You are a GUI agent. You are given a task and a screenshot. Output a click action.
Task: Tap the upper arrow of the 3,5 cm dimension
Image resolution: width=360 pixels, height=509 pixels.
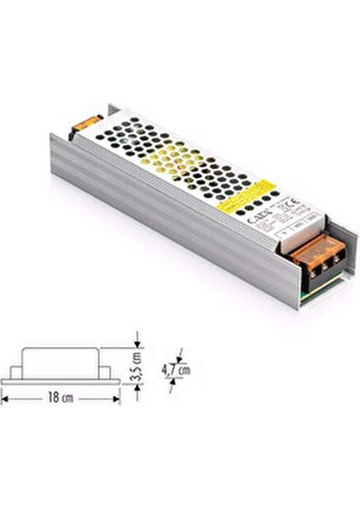pyautogui.click(x=136, y=344)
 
